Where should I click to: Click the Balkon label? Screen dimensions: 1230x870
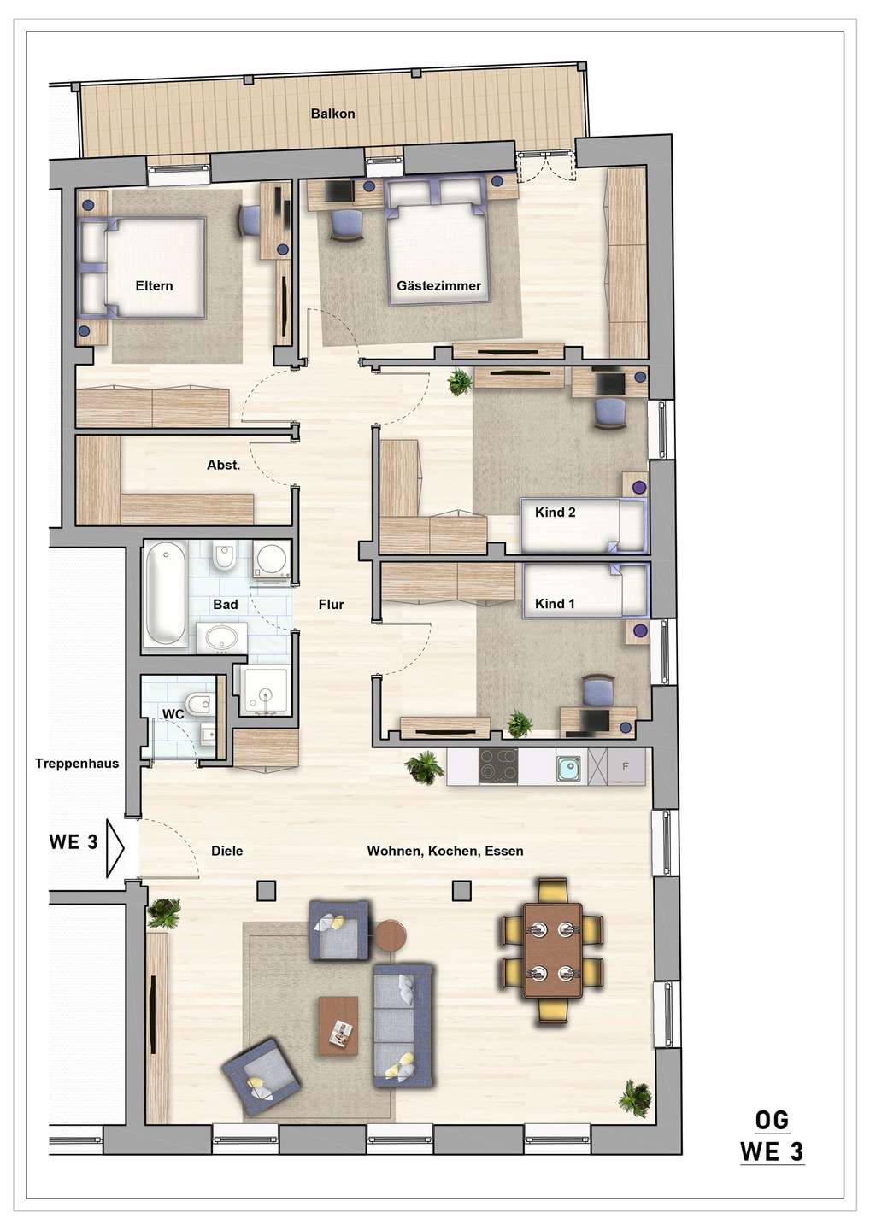pos(332,114)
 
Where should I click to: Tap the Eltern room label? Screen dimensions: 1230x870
pos(154,286)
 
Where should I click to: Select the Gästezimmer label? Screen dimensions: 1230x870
pos(438,286)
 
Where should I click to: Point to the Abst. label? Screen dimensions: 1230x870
pos(223,466)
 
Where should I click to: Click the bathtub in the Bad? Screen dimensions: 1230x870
pos(164,595)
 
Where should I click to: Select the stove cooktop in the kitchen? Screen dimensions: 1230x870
pos(498,766)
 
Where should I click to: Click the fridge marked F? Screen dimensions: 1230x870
pos(626,767)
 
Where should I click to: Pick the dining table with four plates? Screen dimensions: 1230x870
pos(552,950)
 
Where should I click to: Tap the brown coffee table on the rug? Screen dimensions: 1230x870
pos(338,1025)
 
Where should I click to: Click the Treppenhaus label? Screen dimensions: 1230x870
pos(77,764)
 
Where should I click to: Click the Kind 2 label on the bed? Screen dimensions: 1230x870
pos(555,512)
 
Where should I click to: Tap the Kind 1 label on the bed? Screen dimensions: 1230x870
pos(555,604)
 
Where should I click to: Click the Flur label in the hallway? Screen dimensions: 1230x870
pos(331,605)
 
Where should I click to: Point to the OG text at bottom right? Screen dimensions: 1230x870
pos(772,1120)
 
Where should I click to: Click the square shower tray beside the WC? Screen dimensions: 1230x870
pos(266,690)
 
